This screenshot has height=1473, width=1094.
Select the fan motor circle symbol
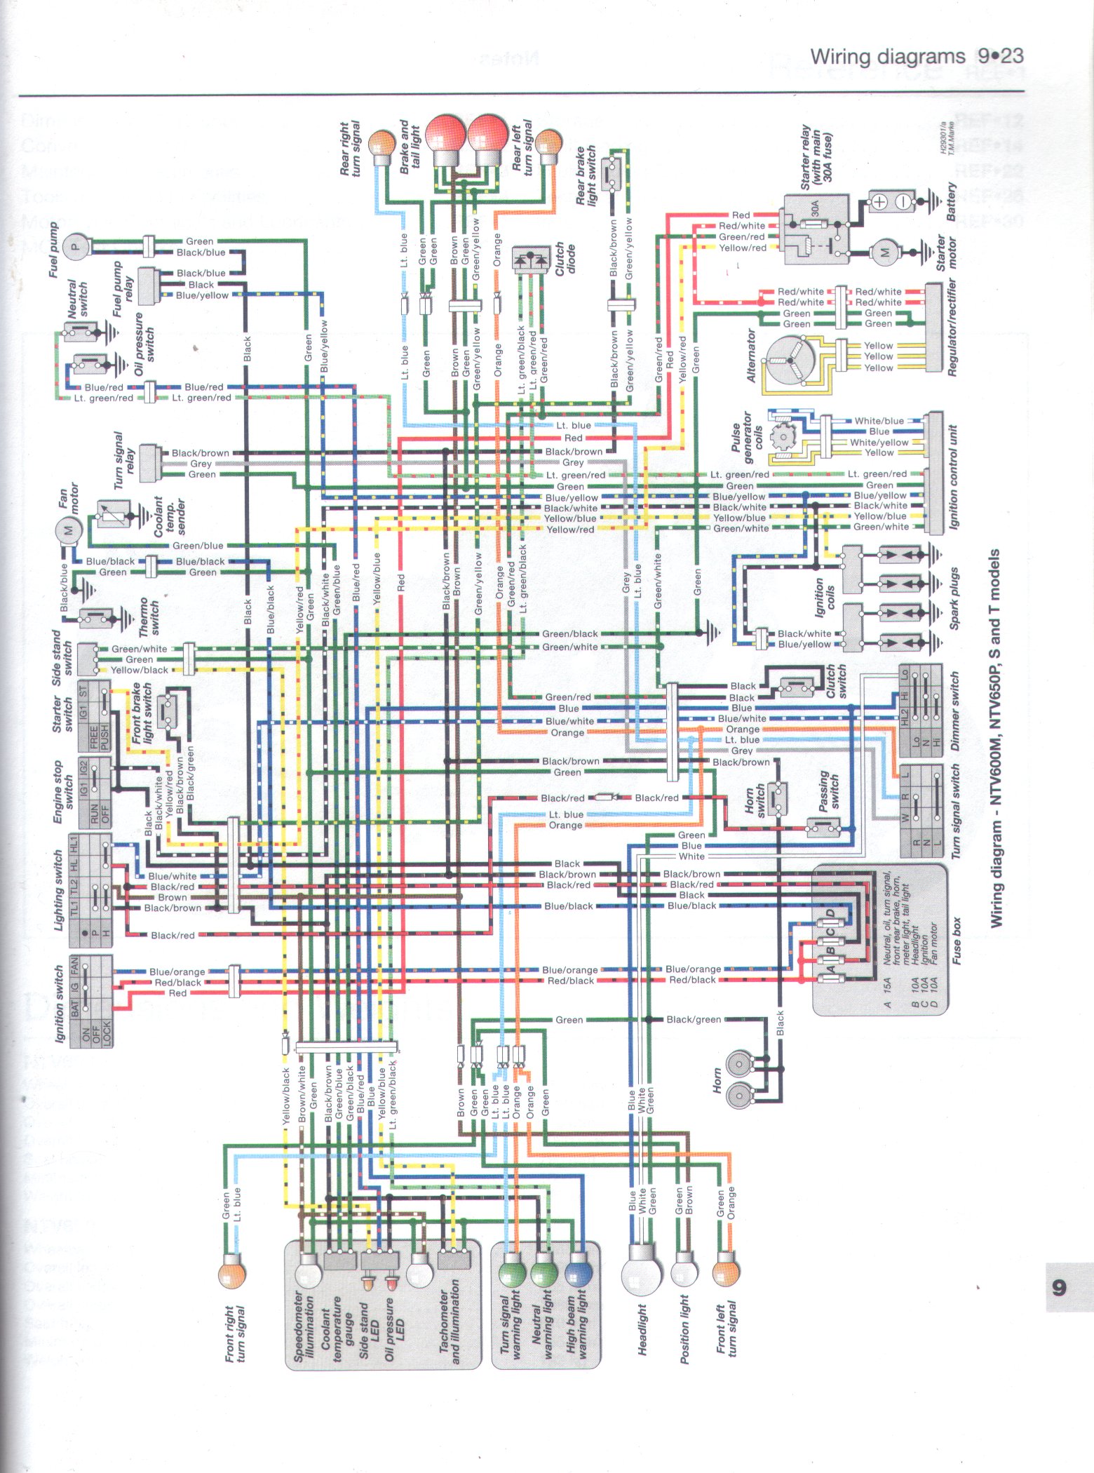(68, 530)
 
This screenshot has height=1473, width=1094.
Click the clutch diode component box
(532, 259)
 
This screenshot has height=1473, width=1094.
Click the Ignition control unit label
(952, 478)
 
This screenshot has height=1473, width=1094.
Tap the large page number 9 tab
(1058, 1288)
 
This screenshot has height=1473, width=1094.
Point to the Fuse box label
(957, 941)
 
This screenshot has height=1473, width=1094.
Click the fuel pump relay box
(147, 284)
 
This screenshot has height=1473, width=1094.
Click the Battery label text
(951, 202)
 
